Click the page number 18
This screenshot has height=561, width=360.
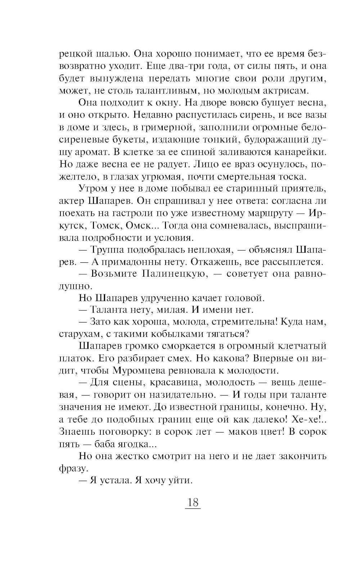pyautogui.click(x=193, y=502)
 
